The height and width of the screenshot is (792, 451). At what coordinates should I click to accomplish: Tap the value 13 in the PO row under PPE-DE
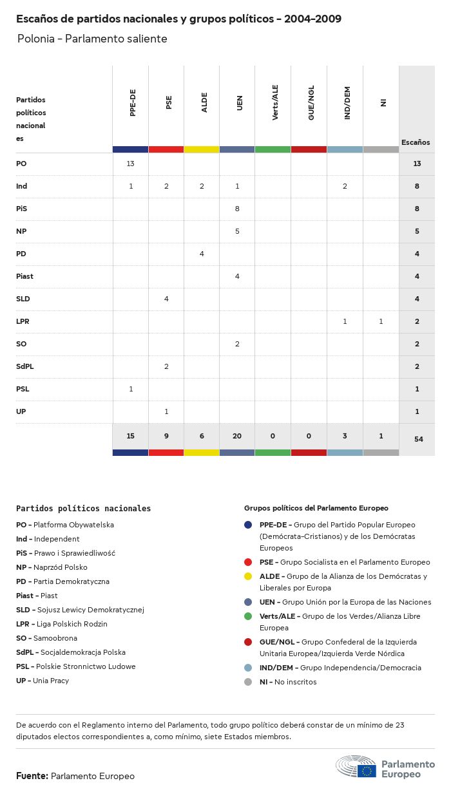(x=130, y=164)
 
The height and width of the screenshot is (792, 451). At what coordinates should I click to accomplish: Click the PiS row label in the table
(x=22, y=209)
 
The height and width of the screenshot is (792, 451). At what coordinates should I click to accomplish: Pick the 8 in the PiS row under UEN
(x=237, y=209)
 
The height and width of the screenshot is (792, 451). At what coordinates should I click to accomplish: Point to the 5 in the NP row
(x=237, y=231)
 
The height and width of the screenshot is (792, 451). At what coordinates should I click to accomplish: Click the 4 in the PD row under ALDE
(x=202, y=254)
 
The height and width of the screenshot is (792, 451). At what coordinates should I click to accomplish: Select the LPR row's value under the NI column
(x=381, y=321)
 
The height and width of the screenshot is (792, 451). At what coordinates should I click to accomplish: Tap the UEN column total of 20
(x=237, y=436)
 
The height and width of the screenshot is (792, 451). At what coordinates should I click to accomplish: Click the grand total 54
(x=417, y=438)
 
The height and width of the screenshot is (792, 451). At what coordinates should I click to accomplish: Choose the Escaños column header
(x=416, y=142)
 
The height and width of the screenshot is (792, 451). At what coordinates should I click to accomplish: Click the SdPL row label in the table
(x=25, y=366)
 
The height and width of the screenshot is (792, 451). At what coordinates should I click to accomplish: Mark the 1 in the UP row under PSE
(x=166, y=411)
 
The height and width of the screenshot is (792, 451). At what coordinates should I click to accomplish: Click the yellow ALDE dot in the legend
(x=248, y=576)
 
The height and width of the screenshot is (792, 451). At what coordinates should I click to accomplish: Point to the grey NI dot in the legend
(x=248, y=682)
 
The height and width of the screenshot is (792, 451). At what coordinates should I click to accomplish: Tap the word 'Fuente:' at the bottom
(x=32, y=776)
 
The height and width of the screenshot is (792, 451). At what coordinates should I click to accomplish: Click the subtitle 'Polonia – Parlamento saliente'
(x=92, y=39)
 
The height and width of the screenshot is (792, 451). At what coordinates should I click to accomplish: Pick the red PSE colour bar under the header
(x=166, y=149)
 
